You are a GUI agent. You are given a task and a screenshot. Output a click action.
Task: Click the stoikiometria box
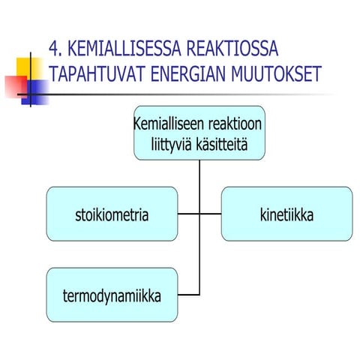(x=112, y=214)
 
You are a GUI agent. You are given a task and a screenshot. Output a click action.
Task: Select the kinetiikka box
(x=286, y=214)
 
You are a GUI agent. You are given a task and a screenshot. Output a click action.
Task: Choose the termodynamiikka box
(x=112, y=294)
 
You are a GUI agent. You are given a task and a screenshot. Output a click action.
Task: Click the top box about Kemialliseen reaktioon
(x=199, y=132)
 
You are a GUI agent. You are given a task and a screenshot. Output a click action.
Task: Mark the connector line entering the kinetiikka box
(x=211, y=214)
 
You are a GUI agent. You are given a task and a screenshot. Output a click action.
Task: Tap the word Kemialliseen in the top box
(x=166, y=122)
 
